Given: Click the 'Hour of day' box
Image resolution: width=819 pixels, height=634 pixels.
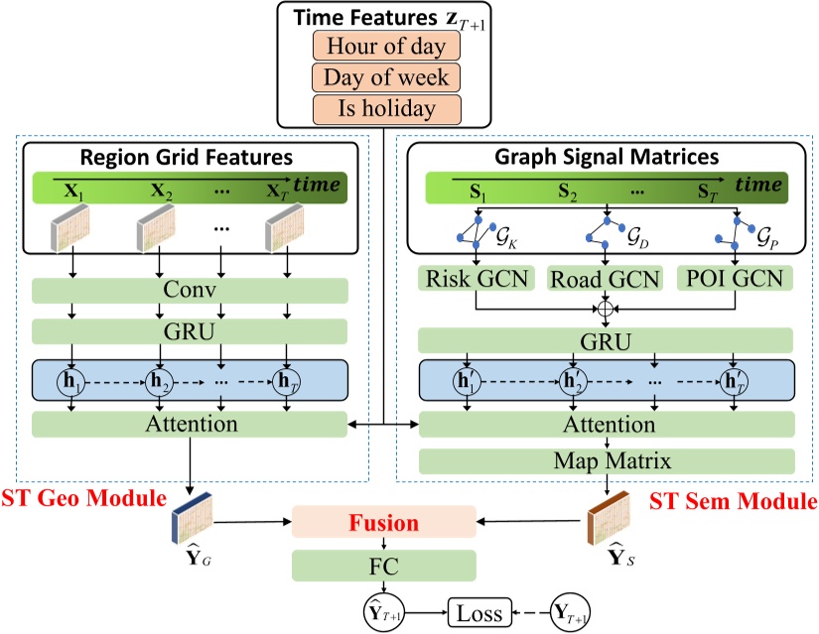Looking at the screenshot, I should pyautogui.click(x=386, y=46).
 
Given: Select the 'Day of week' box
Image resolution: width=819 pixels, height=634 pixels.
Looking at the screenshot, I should pyautogui.click(x=386, y=76).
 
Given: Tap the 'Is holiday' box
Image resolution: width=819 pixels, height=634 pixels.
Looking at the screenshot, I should pyautogui.click(x=386, y=107).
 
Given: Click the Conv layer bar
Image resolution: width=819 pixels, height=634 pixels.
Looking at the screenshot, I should pyautogui.click(x=191, y=292).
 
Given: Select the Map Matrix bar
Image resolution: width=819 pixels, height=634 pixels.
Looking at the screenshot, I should pyautogui.click(x=608, y=461).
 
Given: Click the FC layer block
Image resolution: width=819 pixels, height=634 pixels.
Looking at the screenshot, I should pyautogui.click(x=383, y=567).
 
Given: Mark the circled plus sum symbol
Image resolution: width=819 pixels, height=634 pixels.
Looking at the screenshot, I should pyautogui.click(x=607, y=308).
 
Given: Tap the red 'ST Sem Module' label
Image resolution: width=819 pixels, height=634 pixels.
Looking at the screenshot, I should pyautogui.click(x=733, y=502).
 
